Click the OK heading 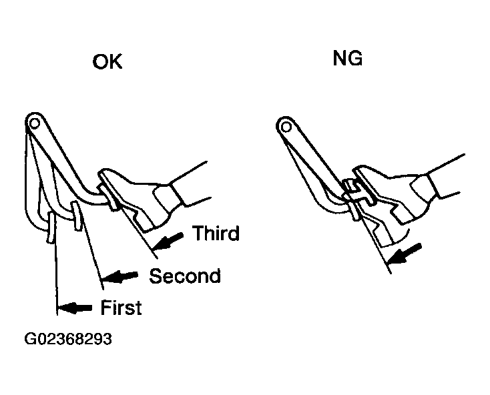(107, 61)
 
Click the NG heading (348, 58)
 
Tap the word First (121, 307)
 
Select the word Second (185, 276)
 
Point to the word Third (216, 233)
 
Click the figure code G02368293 (68, 339)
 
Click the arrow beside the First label (75, 308)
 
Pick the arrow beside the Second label (120, 276)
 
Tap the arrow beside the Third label (168, 242)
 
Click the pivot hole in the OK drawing (35, 123)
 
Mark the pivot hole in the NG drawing (286, 127)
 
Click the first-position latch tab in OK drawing (51, 227)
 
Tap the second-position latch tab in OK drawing (77, 216)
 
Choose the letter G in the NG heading (355, 58)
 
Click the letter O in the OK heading (99, 61)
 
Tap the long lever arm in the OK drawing (59, 156)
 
